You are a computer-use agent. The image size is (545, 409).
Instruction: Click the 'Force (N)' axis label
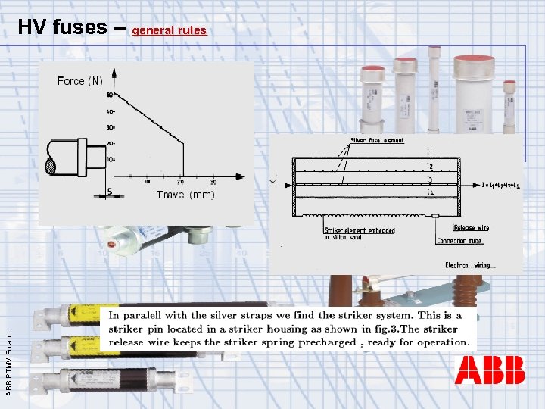click(79, 81)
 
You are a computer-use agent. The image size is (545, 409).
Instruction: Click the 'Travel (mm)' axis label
click(185, 195)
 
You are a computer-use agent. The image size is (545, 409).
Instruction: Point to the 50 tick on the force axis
click(109, 95)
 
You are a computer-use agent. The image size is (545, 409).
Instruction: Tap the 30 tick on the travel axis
click(213, 182)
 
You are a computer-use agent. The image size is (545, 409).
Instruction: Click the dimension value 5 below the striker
click(111, 192)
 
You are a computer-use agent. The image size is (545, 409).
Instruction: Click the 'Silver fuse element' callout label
click(377, 140)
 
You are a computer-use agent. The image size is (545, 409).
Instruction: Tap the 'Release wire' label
click(470, 228)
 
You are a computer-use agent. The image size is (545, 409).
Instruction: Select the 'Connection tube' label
click(460, 241)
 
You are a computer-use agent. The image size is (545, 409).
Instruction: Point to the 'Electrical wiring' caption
click(469, 265)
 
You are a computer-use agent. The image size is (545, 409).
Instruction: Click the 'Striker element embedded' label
click(359, 230)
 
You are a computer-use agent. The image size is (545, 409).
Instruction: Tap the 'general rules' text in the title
click(169, 30)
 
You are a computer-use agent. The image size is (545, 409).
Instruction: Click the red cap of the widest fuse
click(475, 58)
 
